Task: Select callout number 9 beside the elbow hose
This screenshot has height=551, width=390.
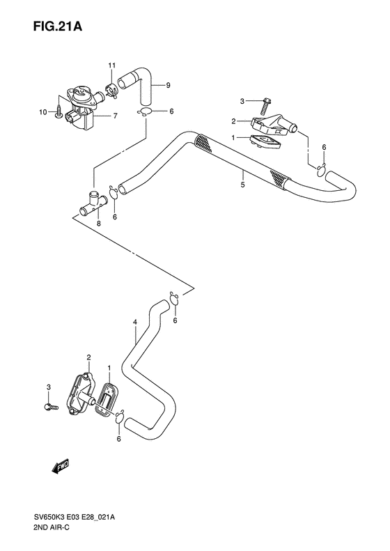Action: pos(168,85)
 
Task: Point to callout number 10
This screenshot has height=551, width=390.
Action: pos(42,112)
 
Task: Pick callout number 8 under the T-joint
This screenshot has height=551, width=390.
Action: pos(98,224)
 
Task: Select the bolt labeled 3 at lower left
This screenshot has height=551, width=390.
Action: pos(49,406)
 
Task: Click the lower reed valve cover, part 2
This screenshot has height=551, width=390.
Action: pos(80,394)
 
